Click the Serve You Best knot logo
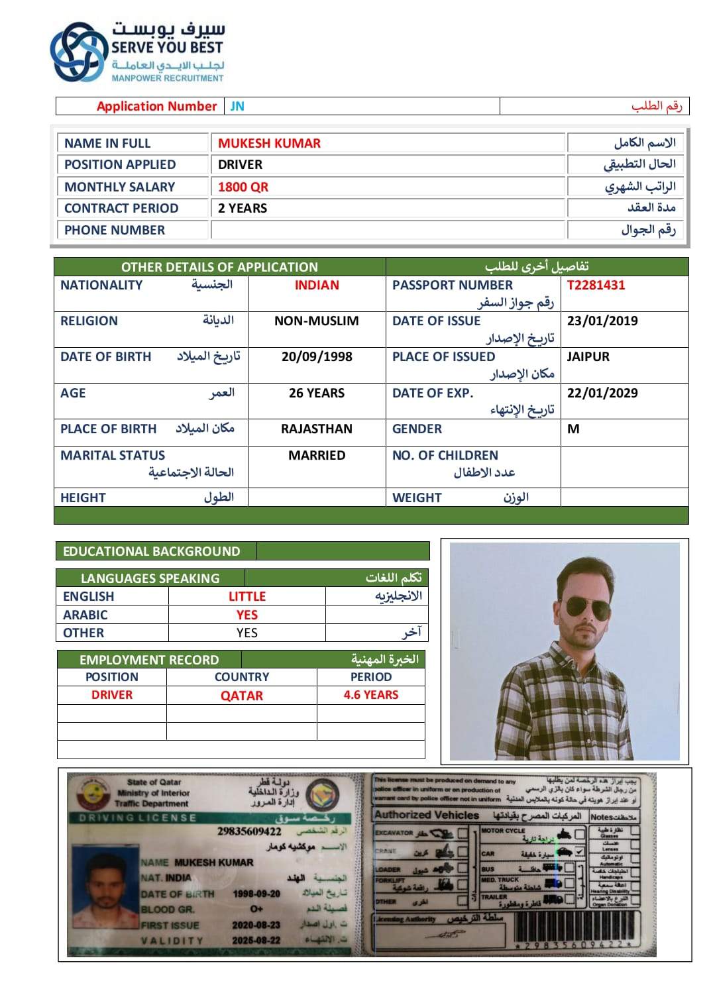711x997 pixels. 78,52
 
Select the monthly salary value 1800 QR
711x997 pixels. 243,187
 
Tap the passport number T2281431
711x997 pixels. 596,285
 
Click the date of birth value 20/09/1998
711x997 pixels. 317,356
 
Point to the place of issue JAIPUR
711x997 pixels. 588,356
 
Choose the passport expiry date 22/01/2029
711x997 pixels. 602,393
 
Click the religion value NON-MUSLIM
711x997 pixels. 317,321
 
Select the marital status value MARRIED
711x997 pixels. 317,455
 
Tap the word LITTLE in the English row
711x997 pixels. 247,596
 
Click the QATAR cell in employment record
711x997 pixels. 242,696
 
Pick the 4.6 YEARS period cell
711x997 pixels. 371,695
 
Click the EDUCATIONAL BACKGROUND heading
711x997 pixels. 152,551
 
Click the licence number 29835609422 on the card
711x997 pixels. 249,831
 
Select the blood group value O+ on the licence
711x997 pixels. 256,908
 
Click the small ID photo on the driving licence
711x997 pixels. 103,895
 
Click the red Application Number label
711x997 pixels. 156,106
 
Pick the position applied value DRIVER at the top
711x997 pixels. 240,164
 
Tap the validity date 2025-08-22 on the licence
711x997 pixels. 256,941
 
